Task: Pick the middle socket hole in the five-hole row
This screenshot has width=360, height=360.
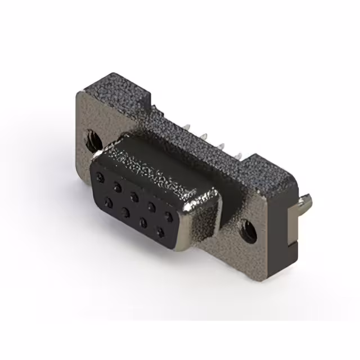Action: [134, 196]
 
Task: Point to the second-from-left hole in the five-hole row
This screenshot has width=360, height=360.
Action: [118, 186]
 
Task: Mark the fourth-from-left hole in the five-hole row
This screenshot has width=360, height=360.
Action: [152, 206]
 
